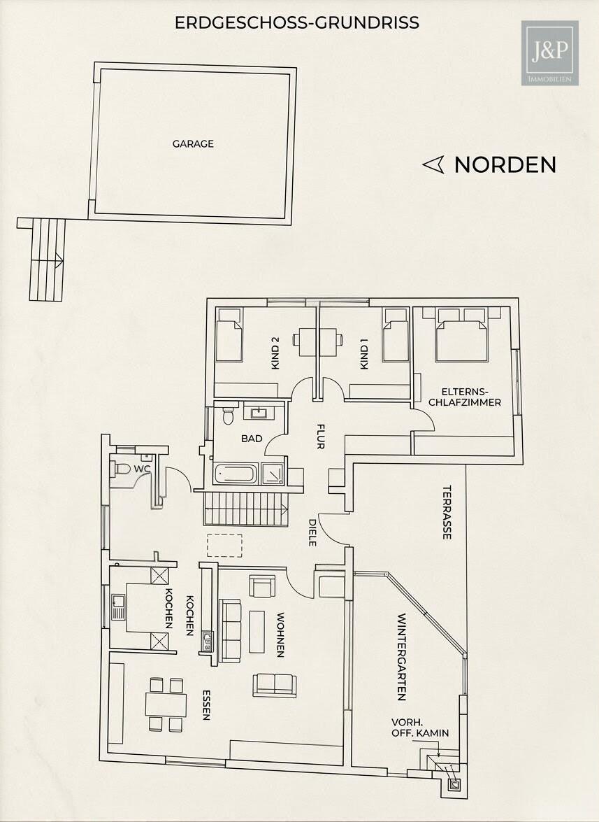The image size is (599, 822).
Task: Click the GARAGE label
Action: click(193, 144)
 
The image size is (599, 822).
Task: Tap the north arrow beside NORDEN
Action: click(433, 164)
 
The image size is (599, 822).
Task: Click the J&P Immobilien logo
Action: click(549, 53)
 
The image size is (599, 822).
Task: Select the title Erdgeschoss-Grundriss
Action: click(297, 22)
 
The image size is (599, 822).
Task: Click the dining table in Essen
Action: click(166, 704)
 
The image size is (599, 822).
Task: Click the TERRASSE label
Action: click(447, 512)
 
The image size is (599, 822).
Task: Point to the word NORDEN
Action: click(505, 165)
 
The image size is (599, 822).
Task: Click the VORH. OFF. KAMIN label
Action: click(421, 728)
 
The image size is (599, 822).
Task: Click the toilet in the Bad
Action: click(227, 415)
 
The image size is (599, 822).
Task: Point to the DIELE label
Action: click(312, 532)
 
